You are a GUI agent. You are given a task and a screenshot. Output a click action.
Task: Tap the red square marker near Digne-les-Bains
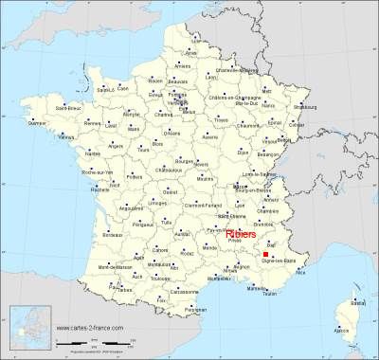pyautogui.click(x=267, y=255)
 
